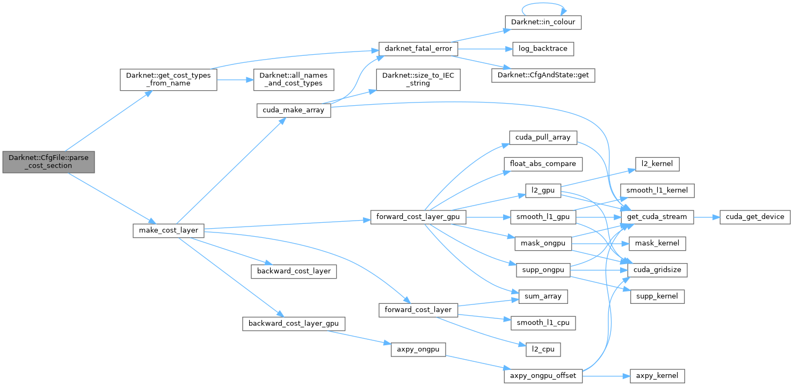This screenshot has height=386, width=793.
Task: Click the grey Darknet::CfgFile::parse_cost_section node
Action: [x=48, y=162]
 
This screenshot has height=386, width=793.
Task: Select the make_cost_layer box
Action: [x=169, y=231]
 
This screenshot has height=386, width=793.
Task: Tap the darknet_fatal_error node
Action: [x=418, y=48]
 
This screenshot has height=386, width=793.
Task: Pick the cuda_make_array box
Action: [x=294, y=110]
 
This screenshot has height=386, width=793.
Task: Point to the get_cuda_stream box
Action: [x=657, y=217]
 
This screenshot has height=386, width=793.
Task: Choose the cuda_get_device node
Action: [x=755, y=217]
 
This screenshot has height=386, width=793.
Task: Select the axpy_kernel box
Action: [x=657, y=376]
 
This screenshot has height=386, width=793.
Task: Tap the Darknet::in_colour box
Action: [x=543, y=22]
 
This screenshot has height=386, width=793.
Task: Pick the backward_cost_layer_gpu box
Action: [x=293, y=324]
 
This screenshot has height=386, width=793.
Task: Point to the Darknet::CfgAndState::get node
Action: [x=543, y=75]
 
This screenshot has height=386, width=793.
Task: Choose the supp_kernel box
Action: [x=657, y=296]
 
